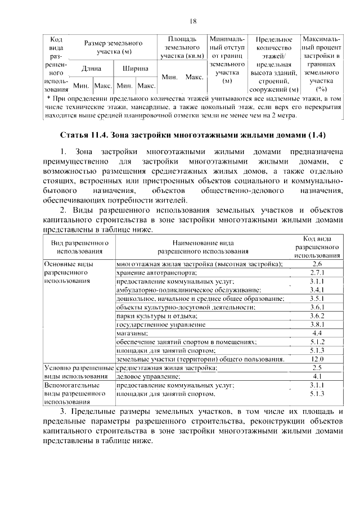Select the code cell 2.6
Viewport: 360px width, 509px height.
coord(316,263)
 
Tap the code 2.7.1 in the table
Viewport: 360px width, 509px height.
coord(316,272)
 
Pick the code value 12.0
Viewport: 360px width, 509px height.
coord(316,359)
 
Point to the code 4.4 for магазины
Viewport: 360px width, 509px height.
coord(316,333)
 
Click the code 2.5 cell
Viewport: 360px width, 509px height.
coord(316,368)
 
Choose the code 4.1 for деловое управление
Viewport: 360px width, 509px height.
coord(316,376)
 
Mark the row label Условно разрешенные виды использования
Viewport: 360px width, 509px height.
coord(78,372)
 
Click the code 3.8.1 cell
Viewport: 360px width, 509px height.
coord(316,325)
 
